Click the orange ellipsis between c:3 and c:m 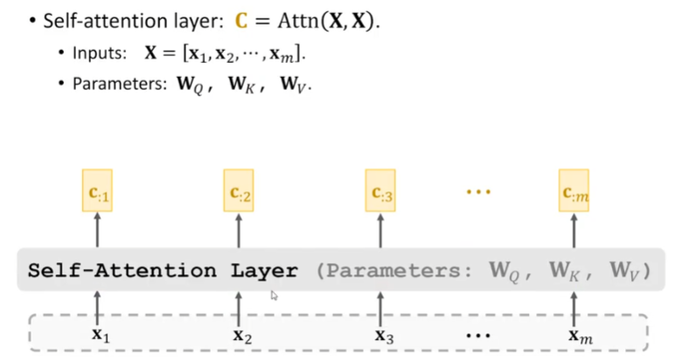coord(479,191)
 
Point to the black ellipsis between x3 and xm coord(479,335)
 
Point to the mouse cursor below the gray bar coord(275,296)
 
